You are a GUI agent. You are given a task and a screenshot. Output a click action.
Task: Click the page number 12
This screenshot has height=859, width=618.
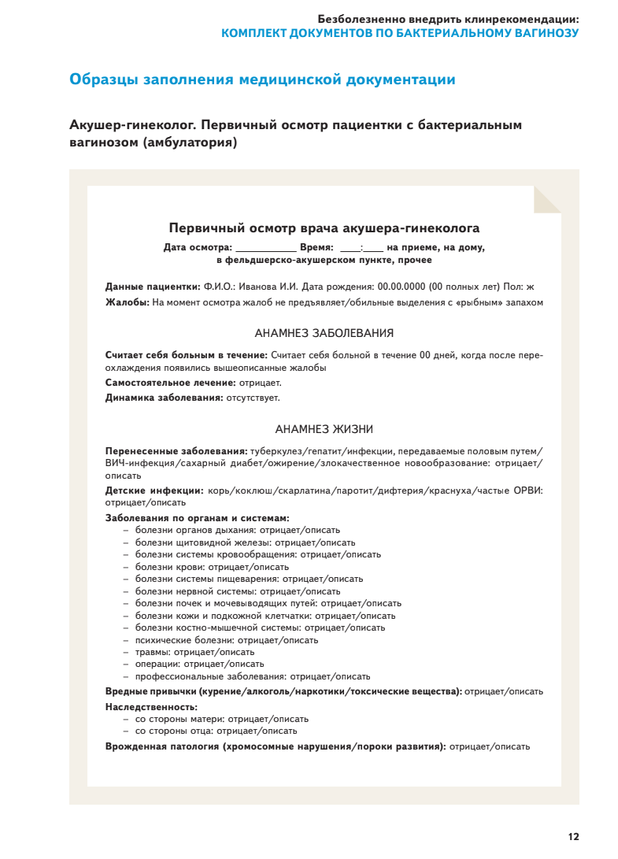coord(573,837)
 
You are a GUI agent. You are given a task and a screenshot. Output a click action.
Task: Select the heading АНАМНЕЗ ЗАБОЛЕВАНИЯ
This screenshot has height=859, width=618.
coord(324,333)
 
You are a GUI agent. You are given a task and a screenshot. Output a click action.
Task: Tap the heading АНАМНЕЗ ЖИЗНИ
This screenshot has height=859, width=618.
coord(324,429)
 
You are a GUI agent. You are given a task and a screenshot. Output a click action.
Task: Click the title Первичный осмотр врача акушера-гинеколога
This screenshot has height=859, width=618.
coord(324,228)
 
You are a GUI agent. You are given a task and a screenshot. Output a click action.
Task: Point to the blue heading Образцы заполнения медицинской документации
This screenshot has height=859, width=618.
coord(262,80)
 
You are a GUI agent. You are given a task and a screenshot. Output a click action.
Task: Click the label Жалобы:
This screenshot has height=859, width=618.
coord(128,302)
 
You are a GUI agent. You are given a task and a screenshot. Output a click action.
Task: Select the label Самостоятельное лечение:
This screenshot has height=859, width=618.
coord(170,383)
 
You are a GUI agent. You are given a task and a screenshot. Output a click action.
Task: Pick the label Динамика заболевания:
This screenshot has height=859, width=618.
coord(165,398)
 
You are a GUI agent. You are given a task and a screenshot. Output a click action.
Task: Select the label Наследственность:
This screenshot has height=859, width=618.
coord(151,707)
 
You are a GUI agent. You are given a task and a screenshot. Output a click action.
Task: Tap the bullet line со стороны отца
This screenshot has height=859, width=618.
coord(216,731)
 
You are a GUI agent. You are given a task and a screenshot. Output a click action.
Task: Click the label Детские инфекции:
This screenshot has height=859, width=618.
coord(154,491)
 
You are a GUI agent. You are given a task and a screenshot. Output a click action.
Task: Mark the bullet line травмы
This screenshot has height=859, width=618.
coord(194,652)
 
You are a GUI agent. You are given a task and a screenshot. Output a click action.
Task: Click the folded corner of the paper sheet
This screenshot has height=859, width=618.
coord(546,199)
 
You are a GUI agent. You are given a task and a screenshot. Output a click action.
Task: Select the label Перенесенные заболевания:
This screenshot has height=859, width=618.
coord(176,451)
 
